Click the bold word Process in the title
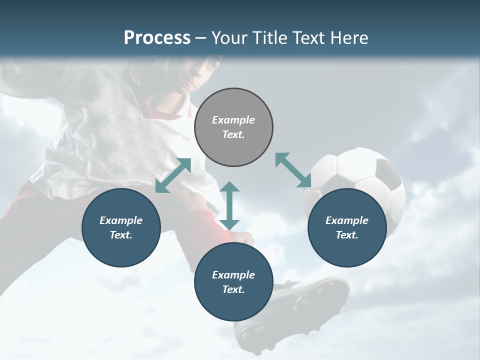[157, 38]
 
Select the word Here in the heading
[349, 38]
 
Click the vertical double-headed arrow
[229, 205]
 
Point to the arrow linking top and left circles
[173, 175]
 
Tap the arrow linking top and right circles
[293, 170]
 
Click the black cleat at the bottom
[295, 305]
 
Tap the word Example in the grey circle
[233, 120]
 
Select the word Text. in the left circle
[121, 235]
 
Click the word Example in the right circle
[347, 220]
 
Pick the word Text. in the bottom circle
[233, 289]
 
